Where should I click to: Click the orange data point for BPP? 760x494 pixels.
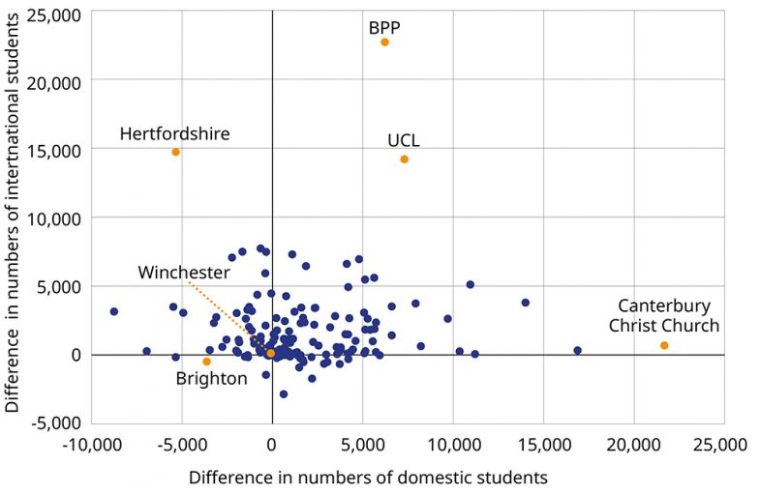tap(384, 42)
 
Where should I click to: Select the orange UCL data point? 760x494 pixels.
tap(404, 160)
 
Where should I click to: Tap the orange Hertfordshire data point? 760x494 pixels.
tap(175, 152)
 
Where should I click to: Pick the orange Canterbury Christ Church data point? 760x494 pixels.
tap(664, 345)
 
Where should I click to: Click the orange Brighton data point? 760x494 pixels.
tap(206, 362)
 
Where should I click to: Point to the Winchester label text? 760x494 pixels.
tap(183, 272)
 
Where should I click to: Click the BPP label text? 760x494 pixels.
tap(384, 26)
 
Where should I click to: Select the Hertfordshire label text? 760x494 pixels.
tap(174, 133)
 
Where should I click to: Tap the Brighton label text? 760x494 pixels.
tap(211, 379)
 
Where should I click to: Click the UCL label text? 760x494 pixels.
tap(403, 141)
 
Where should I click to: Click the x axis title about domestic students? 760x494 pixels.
tap(368, 478)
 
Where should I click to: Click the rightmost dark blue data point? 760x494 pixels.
tap(577, 350)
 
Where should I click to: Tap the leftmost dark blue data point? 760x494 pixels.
tap(113, 311)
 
